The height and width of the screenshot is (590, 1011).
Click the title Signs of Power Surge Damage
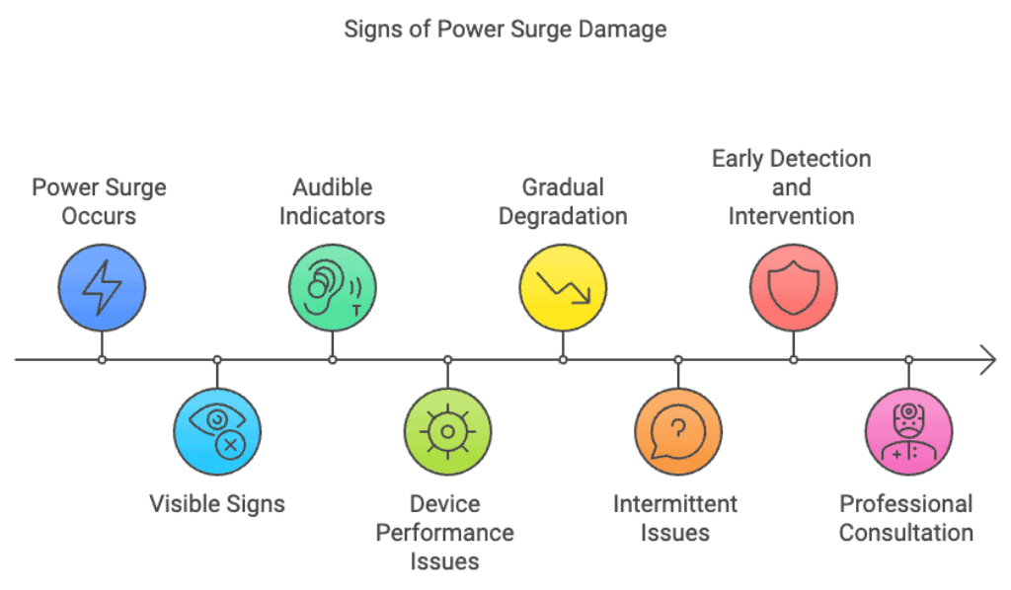[x=505, y=29]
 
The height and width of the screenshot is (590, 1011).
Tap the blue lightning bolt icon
[x=102, y=287]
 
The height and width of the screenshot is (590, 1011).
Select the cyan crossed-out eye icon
[x=217, y=431]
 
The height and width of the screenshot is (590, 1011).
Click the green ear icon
[x=333, y=287]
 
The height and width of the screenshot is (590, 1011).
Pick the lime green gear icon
[x=447, y=431]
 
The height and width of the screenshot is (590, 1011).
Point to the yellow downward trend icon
[x=563, y=287]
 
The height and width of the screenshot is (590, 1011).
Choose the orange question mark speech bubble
[x=678, y=431]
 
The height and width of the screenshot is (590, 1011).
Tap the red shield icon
[x=793, y=287]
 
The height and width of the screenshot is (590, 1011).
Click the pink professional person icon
[x=908, y=431]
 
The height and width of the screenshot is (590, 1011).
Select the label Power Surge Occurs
[x=99, y=201]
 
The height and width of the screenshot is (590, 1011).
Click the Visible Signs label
[x=217, y=503]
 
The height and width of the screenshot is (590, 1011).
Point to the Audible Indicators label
[x=332, y=201]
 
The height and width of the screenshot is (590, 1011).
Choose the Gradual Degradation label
[x=563, y=201]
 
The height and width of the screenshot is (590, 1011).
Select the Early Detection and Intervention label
[x=792, y=186]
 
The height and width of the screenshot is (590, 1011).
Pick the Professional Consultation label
[x=906, y=518]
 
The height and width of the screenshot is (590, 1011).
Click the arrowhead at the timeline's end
[x=988, y=360]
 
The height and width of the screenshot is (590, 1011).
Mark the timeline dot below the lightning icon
[x=102, y=360]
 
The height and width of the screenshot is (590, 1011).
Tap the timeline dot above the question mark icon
[x=678, y=360]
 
